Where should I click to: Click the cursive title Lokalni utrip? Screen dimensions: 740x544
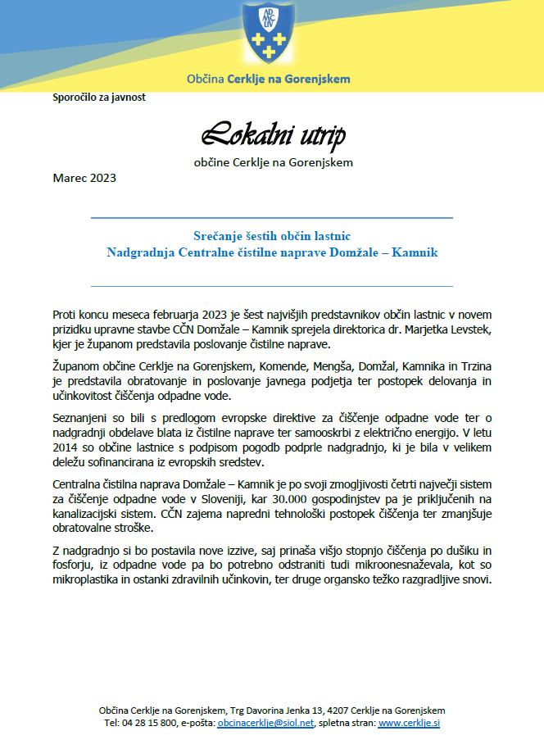273,134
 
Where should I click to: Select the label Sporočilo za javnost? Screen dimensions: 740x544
98,97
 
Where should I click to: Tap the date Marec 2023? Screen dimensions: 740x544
84,178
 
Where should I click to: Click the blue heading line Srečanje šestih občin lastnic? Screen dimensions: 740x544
272,236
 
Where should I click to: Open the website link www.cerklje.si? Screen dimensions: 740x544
409,724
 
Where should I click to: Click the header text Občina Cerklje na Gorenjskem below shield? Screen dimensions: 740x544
268,79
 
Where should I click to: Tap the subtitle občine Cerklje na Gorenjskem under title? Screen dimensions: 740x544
273,162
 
